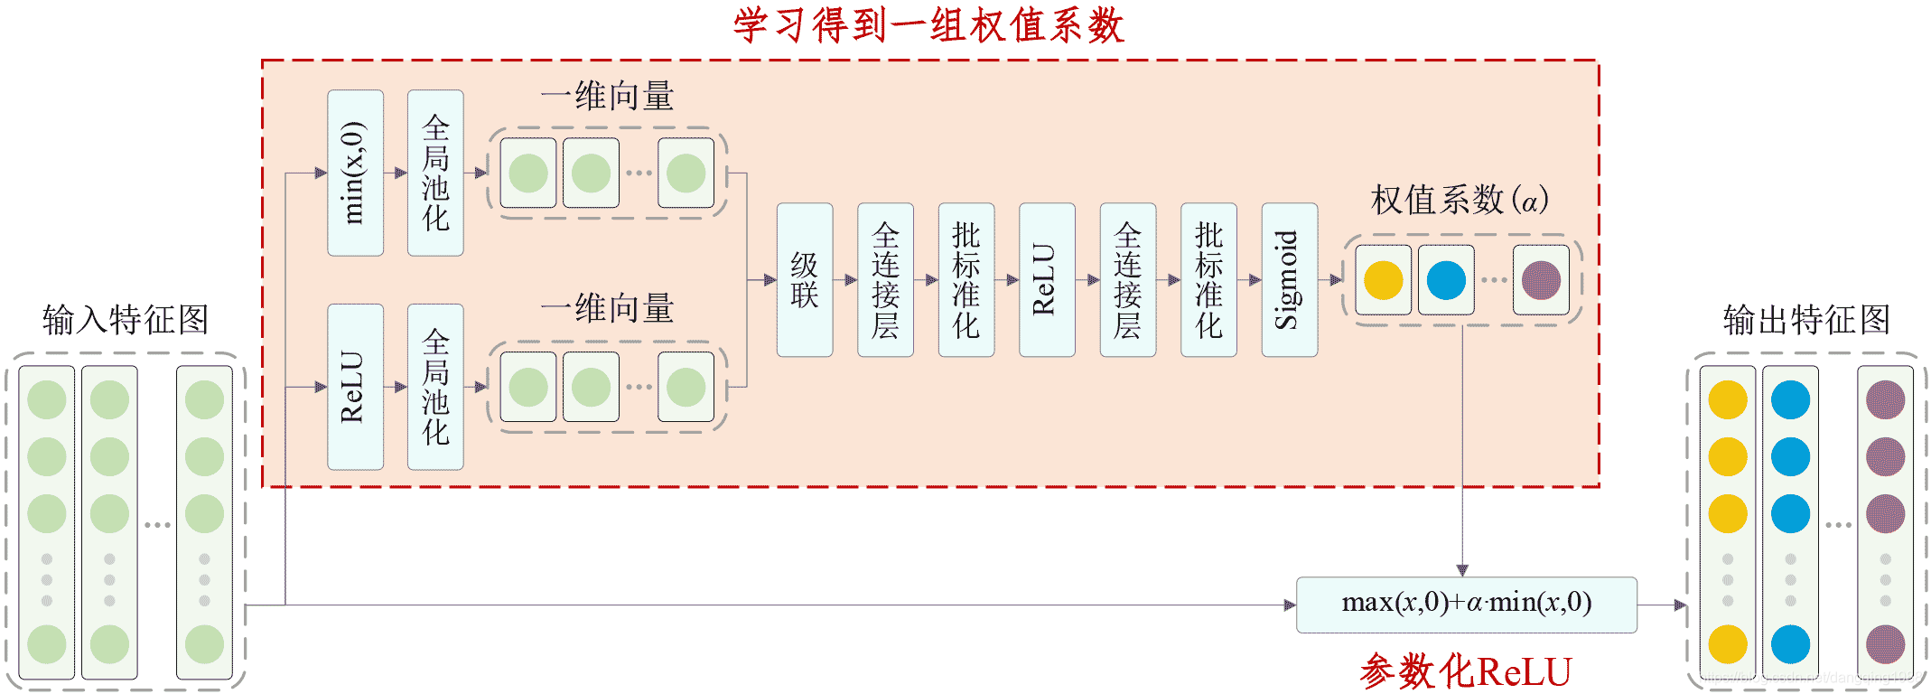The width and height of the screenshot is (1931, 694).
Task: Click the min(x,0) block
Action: point(355,173)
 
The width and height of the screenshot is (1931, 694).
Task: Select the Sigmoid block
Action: point(1289,279)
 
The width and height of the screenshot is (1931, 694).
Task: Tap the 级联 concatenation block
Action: point(804,279)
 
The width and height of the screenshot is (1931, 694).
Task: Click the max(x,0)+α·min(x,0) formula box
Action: point(1466,604)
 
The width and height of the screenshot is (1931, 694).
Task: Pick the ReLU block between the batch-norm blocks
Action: point(1046,279)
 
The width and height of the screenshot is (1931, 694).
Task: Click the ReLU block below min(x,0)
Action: point(355,387)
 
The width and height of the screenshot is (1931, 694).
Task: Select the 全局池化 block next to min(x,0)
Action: point(435,173)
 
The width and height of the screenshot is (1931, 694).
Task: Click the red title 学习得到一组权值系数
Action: point(928,25)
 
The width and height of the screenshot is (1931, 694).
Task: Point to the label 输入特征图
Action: point(126,320)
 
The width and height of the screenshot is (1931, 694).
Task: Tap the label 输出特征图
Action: point(1806,320)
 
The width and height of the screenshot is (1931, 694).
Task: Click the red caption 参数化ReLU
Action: point(1466,671)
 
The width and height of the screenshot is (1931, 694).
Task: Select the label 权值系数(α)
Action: point(1460,200)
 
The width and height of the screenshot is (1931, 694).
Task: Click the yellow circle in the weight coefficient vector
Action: point(1383,280)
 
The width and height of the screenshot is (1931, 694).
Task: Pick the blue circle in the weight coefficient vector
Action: point(1446,280)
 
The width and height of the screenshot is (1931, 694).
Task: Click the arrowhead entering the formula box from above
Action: point(1462,570)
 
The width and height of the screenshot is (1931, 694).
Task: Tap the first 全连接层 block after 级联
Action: point(885,279)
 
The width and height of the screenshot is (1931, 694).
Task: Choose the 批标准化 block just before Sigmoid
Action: point(1208,279)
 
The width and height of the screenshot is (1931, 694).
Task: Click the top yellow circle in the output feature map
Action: point(1727,400)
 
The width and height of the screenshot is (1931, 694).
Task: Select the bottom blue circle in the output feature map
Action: point(1790,644)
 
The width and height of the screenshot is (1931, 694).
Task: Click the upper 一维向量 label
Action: point(607,96)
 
